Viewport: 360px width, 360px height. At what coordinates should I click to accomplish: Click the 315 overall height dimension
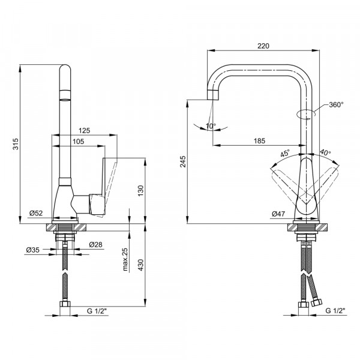(16, 144)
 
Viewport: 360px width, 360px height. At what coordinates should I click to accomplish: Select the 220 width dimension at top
(263, 46)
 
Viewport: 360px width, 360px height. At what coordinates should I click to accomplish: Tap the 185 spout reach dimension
(259, 140)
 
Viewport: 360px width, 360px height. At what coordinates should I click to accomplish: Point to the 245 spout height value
(183, 161)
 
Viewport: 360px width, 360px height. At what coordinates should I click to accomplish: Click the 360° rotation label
(336, 104)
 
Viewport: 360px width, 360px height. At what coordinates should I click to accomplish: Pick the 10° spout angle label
(211, 126)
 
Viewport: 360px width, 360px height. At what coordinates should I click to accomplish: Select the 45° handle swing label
(285, 153)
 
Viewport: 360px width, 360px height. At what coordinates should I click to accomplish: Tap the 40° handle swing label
(325, 152)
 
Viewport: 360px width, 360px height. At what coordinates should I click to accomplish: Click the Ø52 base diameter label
(36, 213)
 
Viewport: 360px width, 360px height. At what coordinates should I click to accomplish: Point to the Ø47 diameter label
(278, 214)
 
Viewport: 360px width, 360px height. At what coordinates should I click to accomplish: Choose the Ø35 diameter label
(33, 250)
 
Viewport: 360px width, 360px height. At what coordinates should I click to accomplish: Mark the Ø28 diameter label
(96, 245)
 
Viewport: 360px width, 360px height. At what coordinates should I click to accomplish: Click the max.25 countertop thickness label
(125, 259)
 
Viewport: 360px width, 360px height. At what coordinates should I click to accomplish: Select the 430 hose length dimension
(140, 265)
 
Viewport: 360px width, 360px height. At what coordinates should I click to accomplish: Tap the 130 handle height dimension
(140, 190)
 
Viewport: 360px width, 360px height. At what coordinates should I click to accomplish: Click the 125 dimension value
(84, 130)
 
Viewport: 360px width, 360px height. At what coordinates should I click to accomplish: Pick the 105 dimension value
(78, 142)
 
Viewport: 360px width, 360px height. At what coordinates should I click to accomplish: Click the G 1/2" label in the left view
(97, 311)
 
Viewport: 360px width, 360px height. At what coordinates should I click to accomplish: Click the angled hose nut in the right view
(317, 302)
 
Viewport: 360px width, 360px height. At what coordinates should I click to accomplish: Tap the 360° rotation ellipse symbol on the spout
(306, 114)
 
